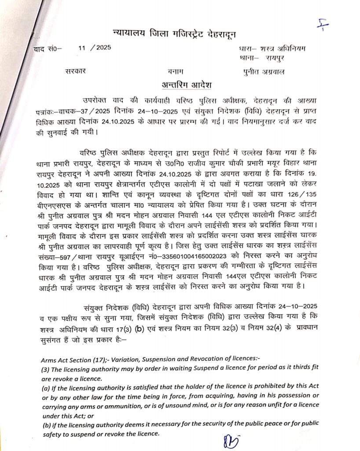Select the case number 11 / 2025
[x=95, y=48]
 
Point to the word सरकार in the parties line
[x=76, y=71]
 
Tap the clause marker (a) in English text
[x=45, y=386]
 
